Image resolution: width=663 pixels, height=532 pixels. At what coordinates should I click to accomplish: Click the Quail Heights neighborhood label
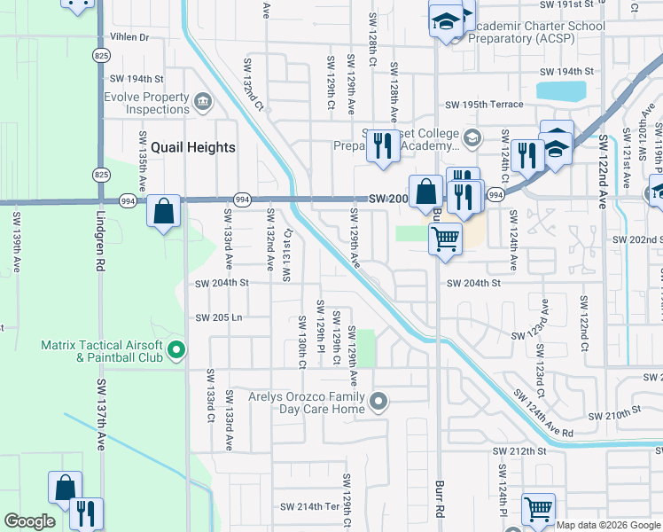pyautogui.click(x=192, y=148)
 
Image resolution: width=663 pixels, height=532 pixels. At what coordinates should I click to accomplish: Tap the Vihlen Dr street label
pyautogui.click(x=129, y=37)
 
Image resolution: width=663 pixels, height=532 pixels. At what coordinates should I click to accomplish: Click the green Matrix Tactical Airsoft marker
pyautogui.click(x=175, y=351)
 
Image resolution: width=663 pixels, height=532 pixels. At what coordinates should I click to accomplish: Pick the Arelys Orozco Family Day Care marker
pyautogui.click(x=378, y=403)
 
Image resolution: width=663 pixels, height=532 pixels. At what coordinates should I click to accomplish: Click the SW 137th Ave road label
pyautogui.click(x=101, y=414)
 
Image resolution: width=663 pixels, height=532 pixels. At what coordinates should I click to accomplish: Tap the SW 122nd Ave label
pyautogui.click(x=602, y=172)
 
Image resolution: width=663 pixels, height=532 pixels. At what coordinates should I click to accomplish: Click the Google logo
pyautogui.click(x=29, y=521)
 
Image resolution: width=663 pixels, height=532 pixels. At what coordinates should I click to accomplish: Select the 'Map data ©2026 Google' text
pyautogui.click(x=609, y=525)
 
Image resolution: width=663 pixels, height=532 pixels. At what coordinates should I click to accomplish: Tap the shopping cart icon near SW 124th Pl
pyautogui.click(x=539, y=508)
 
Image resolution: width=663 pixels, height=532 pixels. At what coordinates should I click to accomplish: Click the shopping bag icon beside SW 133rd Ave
pyautogui.click(x=164, y=212)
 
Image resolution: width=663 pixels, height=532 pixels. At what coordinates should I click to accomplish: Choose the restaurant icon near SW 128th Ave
pyautogui.click(x=383, y=147)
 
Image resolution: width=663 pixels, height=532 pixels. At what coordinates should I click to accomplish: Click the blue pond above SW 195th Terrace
pyautogui.click(x=561, y=90)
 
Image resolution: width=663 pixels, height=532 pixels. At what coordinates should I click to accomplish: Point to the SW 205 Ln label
pyautogui.click(x=219, y=317)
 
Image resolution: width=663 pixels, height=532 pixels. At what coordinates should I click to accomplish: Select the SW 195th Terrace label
pyautogui.click(x=484, y=105)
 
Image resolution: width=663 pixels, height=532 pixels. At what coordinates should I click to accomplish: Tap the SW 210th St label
pyautogui.click(x=612, y=414)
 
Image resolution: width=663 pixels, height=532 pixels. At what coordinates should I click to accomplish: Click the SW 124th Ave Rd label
pyautogui.click(x=543, y=414)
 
